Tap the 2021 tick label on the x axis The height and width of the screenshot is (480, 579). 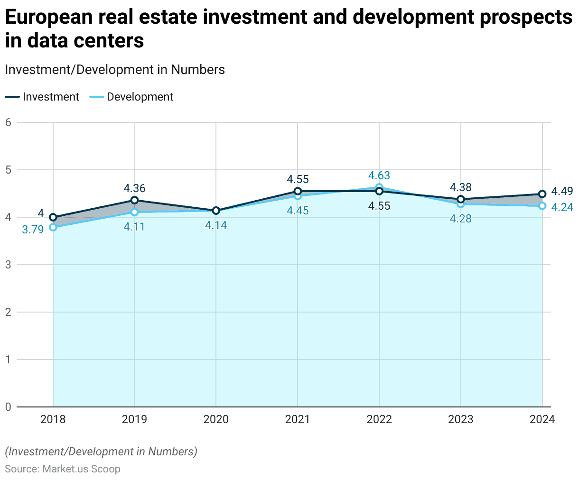pos(298,419)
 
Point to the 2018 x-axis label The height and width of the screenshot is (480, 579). pos(53,419)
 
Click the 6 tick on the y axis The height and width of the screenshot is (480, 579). pos(8,122)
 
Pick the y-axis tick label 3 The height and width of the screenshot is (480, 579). pos(8,265)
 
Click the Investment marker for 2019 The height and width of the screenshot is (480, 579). pos(135,200)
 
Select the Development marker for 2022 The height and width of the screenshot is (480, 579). pos(379,187)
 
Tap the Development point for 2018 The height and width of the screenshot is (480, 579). pos(53,227)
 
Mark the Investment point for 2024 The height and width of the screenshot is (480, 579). pos(542,194)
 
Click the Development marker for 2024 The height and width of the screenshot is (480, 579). pos(542,206)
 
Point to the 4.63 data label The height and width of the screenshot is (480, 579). pos(379,175)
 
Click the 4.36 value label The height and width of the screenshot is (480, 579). pos(135,188)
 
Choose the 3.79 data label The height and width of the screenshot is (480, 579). pos(33,230)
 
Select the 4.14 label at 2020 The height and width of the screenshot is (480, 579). pos(216,226)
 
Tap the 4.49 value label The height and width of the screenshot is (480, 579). pos(562,191)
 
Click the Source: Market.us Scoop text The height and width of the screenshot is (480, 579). pos(63,469)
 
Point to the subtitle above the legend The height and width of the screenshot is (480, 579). pos(114,70)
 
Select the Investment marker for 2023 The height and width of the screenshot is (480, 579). pos(460,199)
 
